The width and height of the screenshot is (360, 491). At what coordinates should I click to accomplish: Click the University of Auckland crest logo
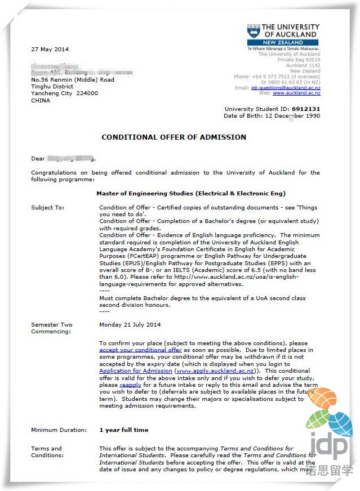[254, 31]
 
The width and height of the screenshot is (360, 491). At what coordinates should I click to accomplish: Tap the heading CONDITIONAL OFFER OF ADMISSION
[174, 137]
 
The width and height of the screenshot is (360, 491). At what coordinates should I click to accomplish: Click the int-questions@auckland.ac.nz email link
[285, 88]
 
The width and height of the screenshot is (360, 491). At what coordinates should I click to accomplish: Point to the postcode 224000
[87, 93]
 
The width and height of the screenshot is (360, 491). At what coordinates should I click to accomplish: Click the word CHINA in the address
[41, 101]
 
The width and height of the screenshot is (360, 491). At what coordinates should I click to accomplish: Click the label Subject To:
[48, 208]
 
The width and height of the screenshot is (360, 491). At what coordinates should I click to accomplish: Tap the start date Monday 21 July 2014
[130, 325]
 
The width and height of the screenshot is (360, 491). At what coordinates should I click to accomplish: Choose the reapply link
[130, 385]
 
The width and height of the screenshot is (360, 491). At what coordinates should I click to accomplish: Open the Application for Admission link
[136, 371]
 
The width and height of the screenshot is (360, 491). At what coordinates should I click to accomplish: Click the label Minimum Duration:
[59, 430]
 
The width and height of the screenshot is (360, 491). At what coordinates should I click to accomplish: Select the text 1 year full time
[123, 430]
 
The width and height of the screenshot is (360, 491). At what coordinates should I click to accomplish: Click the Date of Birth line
[272, 116]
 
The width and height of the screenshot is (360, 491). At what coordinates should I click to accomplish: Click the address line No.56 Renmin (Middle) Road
[73, 79]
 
